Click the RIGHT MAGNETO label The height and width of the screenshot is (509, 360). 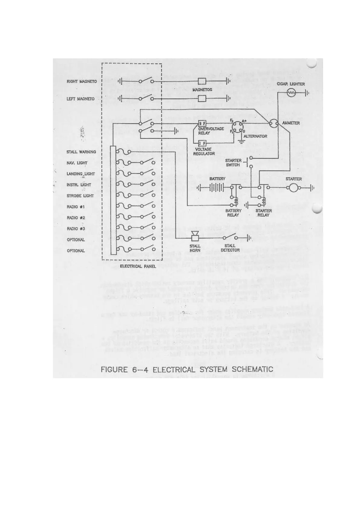[82, 81]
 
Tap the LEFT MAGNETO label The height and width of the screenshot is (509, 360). [80, 99]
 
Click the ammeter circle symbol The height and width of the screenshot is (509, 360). [274, 123]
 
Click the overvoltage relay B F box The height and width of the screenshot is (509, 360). [202, 124]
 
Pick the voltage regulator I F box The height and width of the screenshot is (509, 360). [202, 143]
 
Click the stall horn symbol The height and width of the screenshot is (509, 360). [195, 236]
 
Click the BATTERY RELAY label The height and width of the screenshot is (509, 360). [233, 213]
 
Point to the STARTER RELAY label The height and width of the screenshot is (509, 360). [263, 213]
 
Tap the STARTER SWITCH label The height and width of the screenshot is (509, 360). [233, 163]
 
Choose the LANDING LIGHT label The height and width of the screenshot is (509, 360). [81, 174]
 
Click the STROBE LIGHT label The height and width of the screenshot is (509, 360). [80, 196]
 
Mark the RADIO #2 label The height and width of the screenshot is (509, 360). [76, 218]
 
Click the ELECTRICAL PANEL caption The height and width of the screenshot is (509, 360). [138, 266]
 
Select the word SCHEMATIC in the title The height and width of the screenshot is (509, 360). [253, 369]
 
